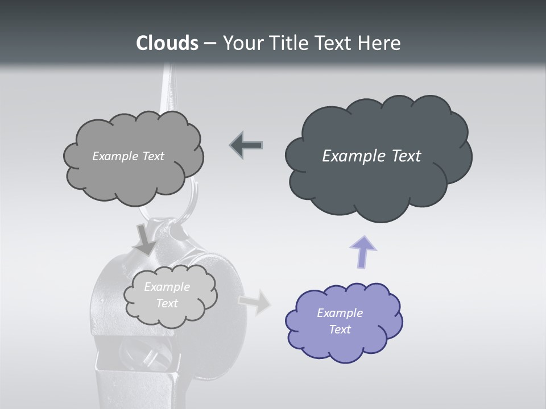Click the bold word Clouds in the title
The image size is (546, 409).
[x=167, y=43]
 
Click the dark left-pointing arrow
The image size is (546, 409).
[x=246, y=145]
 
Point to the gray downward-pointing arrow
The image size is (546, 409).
[x=145, y=240]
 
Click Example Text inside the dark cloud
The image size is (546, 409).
[x=371, y=156]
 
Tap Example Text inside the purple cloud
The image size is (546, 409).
[x=340, y=321]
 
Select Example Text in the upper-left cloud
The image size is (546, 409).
[x=128, y=156]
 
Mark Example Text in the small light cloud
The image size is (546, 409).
[x=167, y=295]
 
